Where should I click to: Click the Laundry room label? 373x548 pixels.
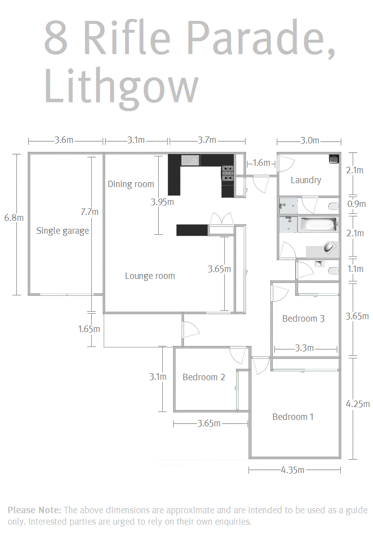[306, 180]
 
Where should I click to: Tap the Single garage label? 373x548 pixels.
[62, 231]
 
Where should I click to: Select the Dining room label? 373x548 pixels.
[130, 184]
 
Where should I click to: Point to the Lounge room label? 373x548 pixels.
[150, 276]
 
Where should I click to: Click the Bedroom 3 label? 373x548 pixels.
[303, 319]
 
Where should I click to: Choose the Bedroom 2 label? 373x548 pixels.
[204, 377]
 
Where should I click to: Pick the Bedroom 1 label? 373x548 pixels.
[293, 417]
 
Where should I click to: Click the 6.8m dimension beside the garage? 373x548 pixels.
[14, 218]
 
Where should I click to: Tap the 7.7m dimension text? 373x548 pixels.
[89, 212]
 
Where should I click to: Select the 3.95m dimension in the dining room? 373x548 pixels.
[162, 202]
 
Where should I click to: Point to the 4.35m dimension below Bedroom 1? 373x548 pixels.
[293, 470]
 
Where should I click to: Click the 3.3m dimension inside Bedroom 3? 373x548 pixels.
[304, 348]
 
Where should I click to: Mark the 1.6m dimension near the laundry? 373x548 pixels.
[261, 163]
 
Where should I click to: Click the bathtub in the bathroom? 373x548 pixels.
[318, 224]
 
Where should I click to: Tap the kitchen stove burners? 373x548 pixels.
[228, 173]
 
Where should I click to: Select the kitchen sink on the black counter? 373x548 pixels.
[190, 160]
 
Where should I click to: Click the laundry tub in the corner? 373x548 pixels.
[334, 159]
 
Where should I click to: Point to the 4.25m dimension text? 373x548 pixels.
[358, 404]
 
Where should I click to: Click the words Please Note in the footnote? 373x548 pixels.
[34, 510]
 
